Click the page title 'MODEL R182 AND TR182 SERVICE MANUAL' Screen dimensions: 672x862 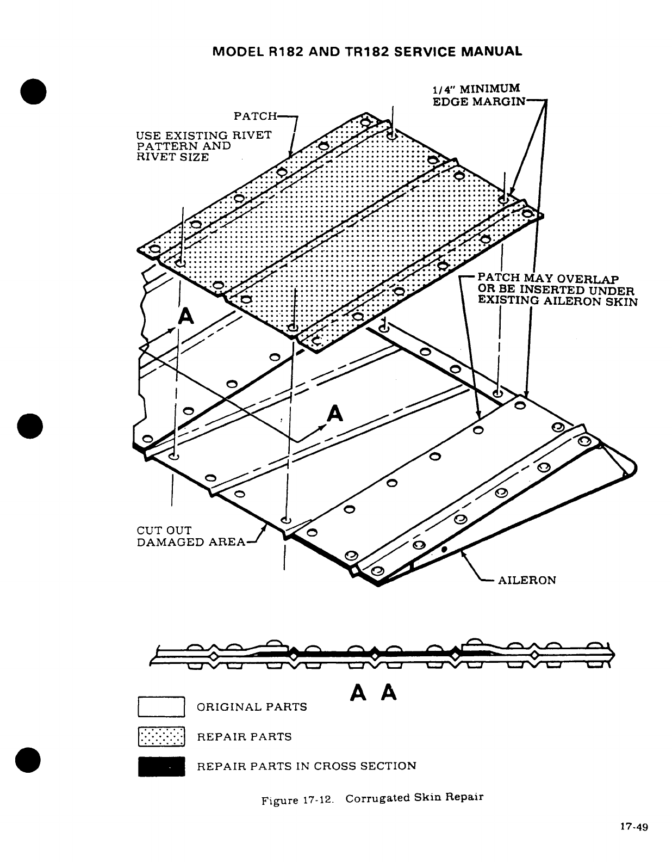pos(367,52)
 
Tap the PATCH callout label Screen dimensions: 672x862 pos(255,116)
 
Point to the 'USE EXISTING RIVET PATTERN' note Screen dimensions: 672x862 pos(204,146)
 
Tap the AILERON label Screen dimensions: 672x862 pos(527,580)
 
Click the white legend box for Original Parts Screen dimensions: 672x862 pos(162,707)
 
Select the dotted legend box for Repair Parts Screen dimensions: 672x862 pos(162,737)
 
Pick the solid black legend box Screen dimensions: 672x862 pos(162,766)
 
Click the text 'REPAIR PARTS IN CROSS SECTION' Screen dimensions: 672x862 pos(306,766)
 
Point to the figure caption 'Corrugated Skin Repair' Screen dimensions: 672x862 pos(414,798)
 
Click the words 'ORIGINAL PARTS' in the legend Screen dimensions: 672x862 pos(252,707)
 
